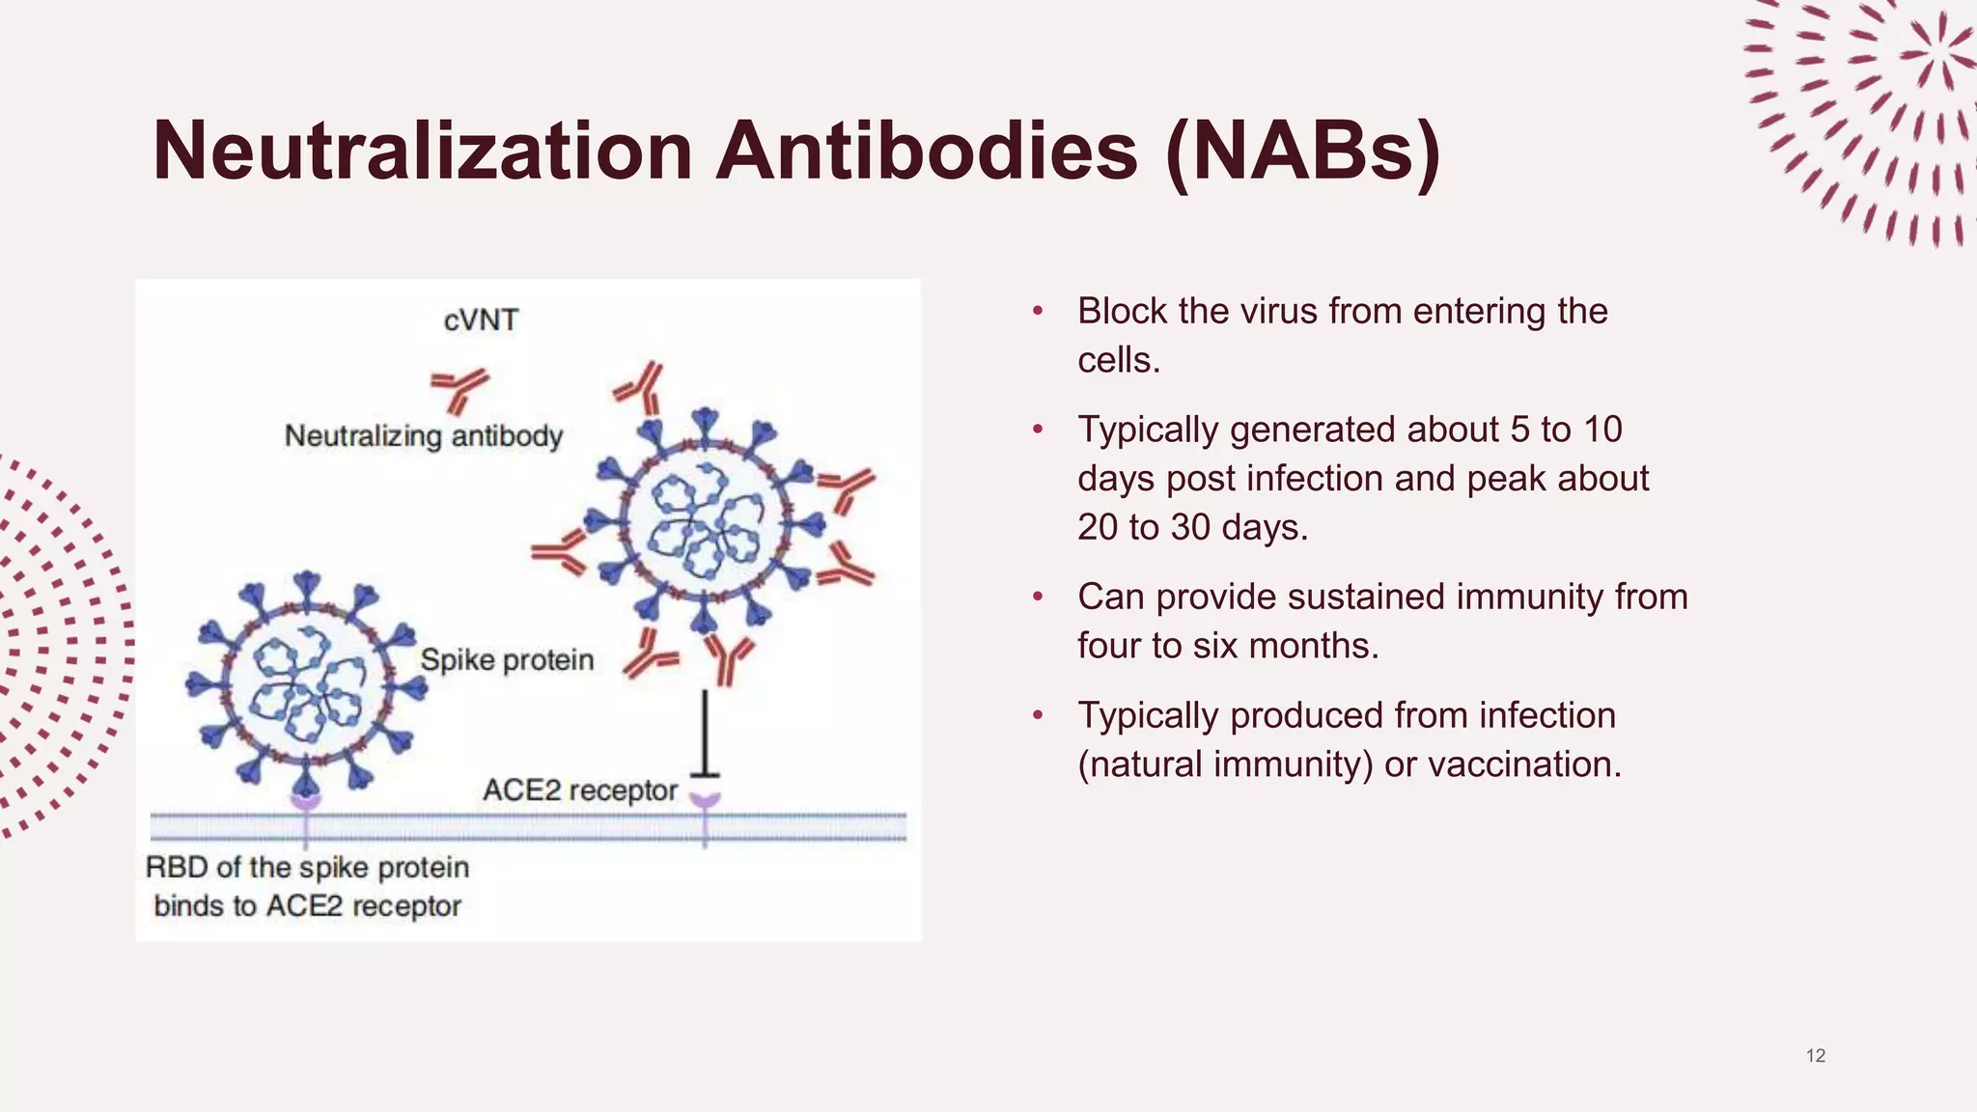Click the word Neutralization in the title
(423, 151)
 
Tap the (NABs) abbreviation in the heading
(1303, 151)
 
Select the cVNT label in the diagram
(481, 320)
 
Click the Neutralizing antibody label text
(423, 435)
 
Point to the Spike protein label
(507, 660)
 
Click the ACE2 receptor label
(580, 791)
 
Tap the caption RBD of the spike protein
(307, 867)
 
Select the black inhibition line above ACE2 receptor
(705, 734)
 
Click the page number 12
(1815, 1056)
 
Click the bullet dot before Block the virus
(1038, 312)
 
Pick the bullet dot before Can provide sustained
(1038, 598)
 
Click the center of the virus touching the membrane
(307, 683)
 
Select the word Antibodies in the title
(926, 151)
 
